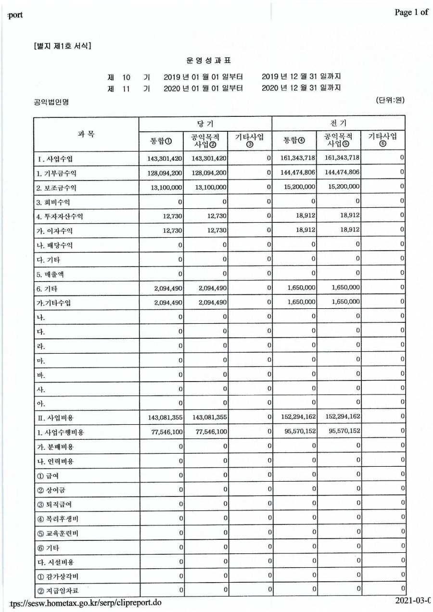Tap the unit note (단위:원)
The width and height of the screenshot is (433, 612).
coord(390,101)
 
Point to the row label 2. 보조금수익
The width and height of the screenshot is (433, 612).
coord(57,187)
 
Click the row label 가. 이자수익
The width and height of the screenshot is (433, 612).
coord(55,230)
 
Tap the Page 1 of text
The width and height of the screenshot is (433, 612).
coord(411,13)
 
